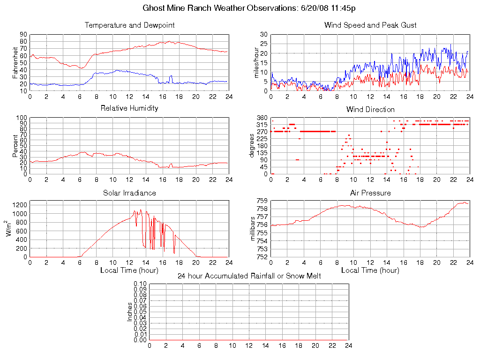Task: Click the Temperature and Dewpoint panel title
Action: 129,25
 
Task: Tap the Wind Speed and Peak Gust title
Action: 370,25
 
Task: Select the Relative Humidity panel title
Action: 129,108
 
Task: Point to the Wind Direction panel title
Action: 370,110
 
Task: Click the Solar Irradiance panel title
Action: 129,193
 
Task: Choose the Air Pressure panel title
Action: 370,193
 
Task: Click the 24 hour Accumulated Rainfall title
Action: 249,276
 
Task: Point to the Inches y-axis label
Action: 130,312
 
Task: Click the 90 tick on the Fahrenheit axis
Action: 23,35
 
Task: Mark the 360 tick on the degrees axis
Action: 262,118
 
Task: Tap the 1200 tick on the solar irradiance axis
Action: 21,204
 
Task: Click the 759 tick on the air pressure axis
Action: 262,201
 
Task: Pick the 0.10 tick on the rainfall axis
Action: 140,284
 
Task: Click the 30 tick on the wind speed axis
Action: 263,35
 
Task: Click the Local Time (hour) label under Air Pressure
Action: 370,270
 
